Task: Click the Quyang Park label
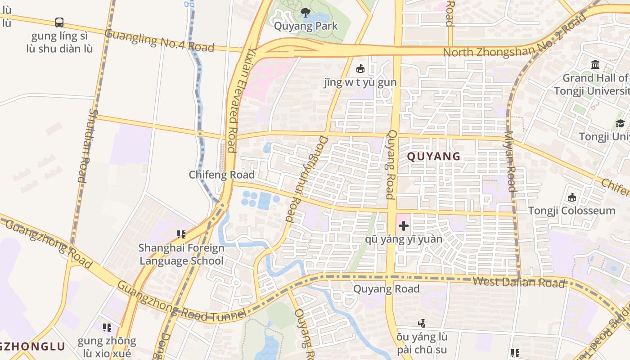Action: [306, 26]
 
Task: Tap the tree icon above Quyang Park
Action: [306, 12]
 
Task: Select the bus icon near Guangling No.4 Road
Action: [59, 22]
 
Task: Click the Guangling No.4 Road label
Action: [159, 40]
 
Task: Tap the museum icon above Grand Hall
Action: [595, 65]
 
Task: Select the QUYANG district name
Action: [434, 157]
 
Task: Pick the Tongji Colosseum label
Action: [571, 211]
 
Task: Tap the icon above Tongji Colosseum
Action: [572, 197]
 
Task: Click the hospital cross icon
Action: [403, 226]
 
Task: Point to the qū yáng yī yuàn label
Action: [404, 239]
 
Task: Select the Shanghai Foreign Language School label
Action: [181, 254]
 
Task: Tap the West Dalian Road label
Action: [518, 283]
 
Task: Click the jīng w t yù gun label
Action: [360, 82]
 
